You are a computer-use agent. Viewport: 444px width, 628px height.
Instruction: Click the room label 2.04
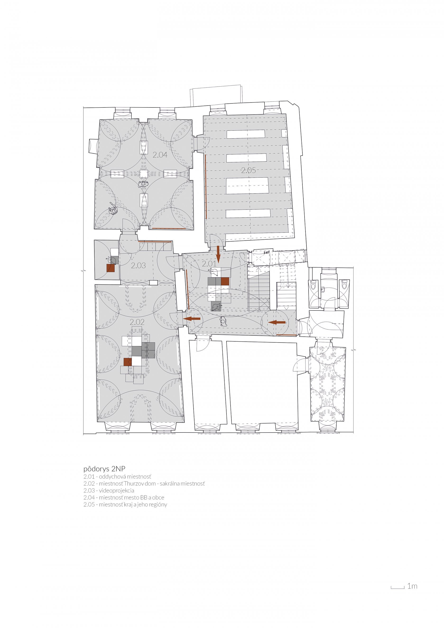[160, 155]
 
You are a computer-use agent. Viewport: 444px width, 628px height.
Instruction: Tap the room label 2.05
[249, 170]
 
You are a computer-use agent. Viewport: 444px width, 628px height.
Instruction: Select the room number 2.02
[137, 322]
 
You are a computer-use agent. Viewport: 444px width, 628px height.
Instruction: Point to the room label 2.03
[138, 265]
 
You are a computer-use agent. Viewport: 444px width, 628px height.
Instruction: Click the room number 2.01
[209, 264]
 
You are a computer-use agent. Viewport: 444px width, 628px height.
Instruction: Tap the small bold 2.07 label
[266, 252]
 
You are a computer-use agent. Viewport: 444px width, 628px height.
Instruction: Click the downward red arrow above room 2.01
[218, 254]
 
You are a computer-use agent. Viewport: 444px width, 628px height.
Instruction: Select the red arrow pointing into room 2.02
[192, 319]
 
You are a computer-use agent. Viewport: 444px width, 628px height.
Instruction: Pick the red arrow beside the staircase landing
[277, 322]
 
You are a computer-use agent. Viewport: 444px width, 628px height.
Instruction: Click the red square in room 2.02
[128, 362]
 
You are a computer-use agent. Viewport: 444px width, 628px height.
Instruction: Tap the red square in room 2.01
[225, 281]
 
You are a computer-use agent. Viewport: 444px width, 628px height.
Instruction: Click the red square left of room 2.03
[110, 268]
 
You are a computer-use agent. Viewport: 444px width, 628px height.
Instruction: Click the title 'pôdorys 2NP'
[104, 469]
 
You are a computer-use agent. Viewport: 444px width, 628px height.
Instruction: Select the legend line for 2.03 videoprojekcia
[109, 490]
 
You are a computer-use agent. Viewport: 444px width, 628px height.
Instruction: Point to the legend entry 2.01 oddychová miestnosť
[117, 476]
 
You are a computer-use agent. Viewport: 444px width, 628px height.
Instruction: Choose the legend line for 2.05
[125, 504]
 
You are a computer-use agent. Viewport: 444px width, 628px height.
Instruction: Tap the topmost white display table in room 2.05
[246, 134]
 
